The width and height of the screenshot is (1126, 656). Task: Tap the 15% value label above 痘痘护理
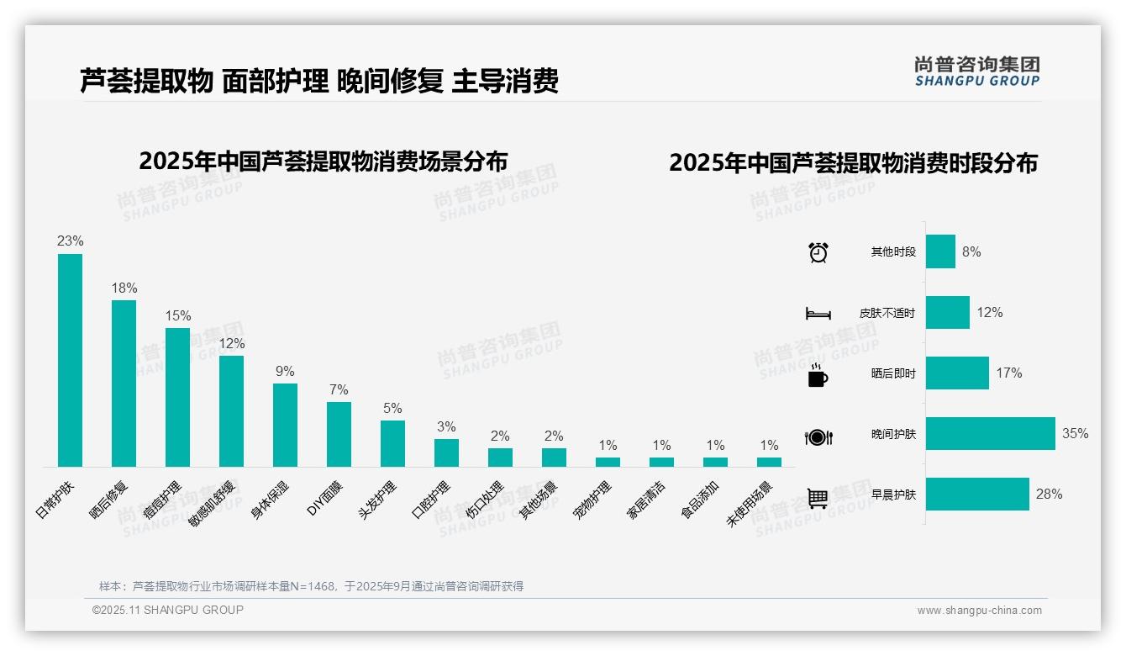(x=177, y=316)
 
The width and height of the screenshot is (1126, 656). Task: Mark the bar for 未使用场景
(x=769, y=462)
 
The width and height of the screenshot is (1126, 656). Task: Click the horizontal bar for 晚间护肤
(x=990, y=434)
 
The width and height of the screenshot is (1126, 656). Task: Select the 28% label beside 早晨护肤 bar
(x=1049, y=495)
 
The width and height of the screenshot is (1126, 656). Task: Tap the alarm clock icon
(x=818, y=252)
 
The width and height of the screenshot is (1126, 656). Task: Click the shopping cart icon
(x=818, y=498)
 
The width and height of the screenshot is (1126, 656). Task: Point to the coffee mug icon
(x=818, y=375)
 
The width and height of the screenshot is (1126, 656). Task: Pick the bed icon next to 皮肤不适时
(x=818, y=314)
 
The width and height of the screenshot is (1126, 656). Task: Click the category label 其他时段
(x=893, y=252)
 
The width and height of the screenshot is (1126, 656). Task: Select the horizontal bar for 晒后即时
(x=957, y=373)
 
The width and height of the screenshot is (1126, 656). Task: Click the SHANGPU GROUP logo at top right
(x=976, y=71)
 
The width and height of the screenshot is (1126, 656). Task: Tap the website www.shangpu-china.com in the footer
(x=979, y=611)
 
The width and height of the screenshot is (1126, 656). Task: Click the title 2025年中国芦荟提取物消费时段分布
(x=853, y=163)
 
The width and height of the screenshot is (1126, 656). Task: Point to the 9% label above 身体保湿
(x=285, y=372)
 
